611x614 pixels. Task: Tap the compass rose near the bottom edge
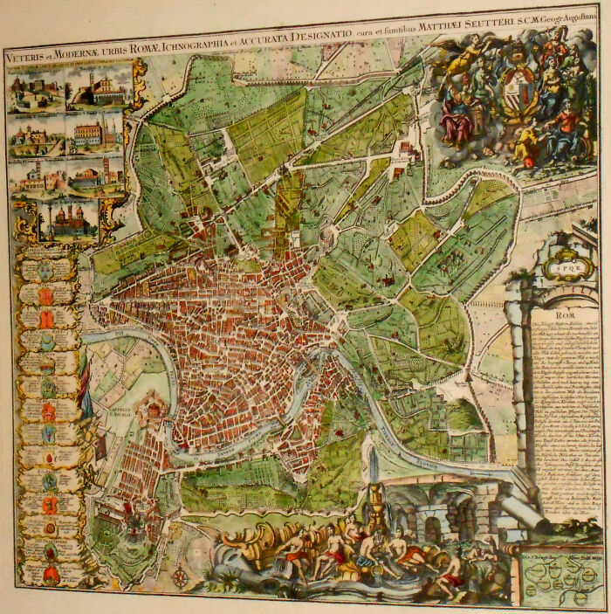(x=181, y=576)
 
